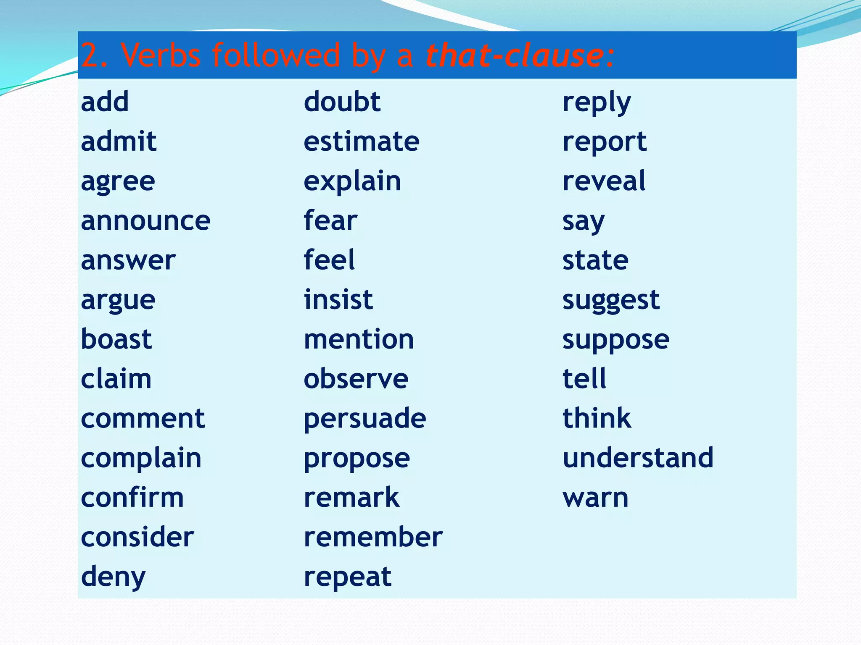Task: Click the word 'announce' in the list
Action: click(145, 221)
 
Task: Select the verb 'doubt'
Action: click(342, 102)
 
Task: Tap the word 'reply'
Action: click(596, 102)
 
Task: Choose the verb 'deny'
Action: click(113, 577)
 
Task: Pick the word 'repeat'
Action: click(348, 577)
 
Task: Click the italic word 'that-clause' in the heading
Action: click(515, 55)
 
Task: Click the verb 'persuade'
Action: click(365, 419)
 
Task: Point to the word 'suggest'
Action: click(611, 301)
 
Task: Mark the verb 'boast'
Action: click(116, 339)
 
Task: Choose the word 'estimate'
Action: click(361, 142)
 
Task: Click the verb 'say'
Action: click(584, 222)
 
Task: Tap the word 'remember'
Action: click(373, 537)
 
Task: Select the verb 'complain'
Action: click(141, 458)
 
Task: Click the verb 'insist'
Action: click(338, 300)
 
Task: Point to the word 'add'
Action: click(105, 102)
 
